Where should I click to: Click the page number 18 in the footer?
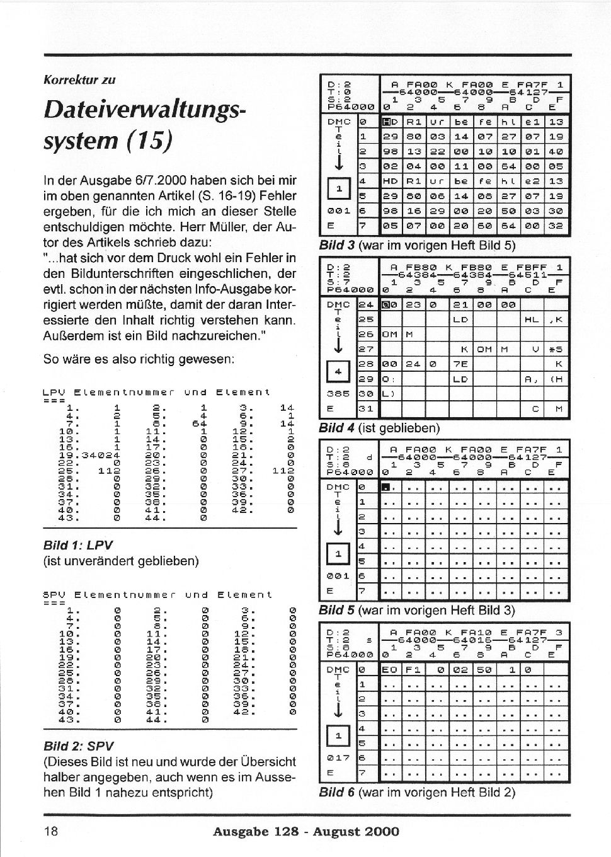point(50,831)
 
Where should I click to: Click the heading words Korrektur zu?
point(79,80)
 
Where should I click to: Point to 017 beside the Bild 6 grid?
point(338,757)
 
